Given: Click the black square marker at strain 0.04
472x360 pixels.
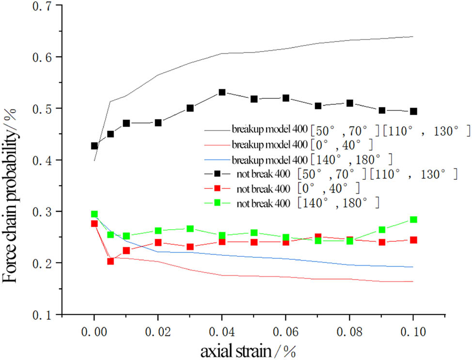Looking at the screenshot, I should [222, 92].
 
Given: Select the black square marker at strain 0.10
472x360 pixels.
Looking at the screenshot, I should [413, 111].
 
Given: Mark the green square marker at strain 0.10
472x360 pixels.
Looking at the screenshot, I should [413, 219].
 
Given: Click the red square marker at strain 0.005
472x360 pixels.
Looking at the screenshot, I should [110, 261].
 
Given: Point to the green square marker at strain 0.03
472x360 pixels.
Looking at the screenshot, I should [190, 229].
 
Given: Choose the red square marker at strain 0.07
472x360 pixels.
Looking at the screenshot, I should [318, 237].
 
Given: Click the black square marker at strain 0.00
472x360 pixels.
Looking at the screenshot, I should [94, 146].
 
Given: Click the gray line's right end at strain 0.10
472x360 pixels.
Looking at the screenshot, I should [413, 37].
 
